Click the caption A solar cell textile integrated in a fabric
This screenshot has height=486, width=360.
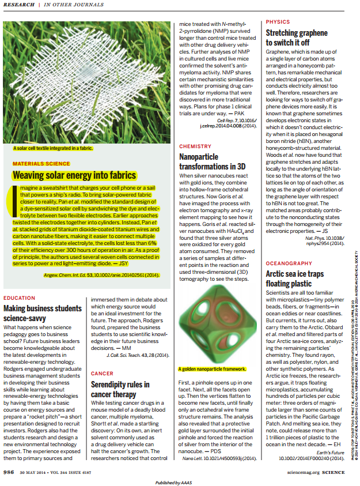53,148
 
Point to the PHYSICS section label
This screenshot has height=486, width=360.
278,21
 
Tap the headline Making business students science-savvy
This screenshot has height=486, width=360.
43,312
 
